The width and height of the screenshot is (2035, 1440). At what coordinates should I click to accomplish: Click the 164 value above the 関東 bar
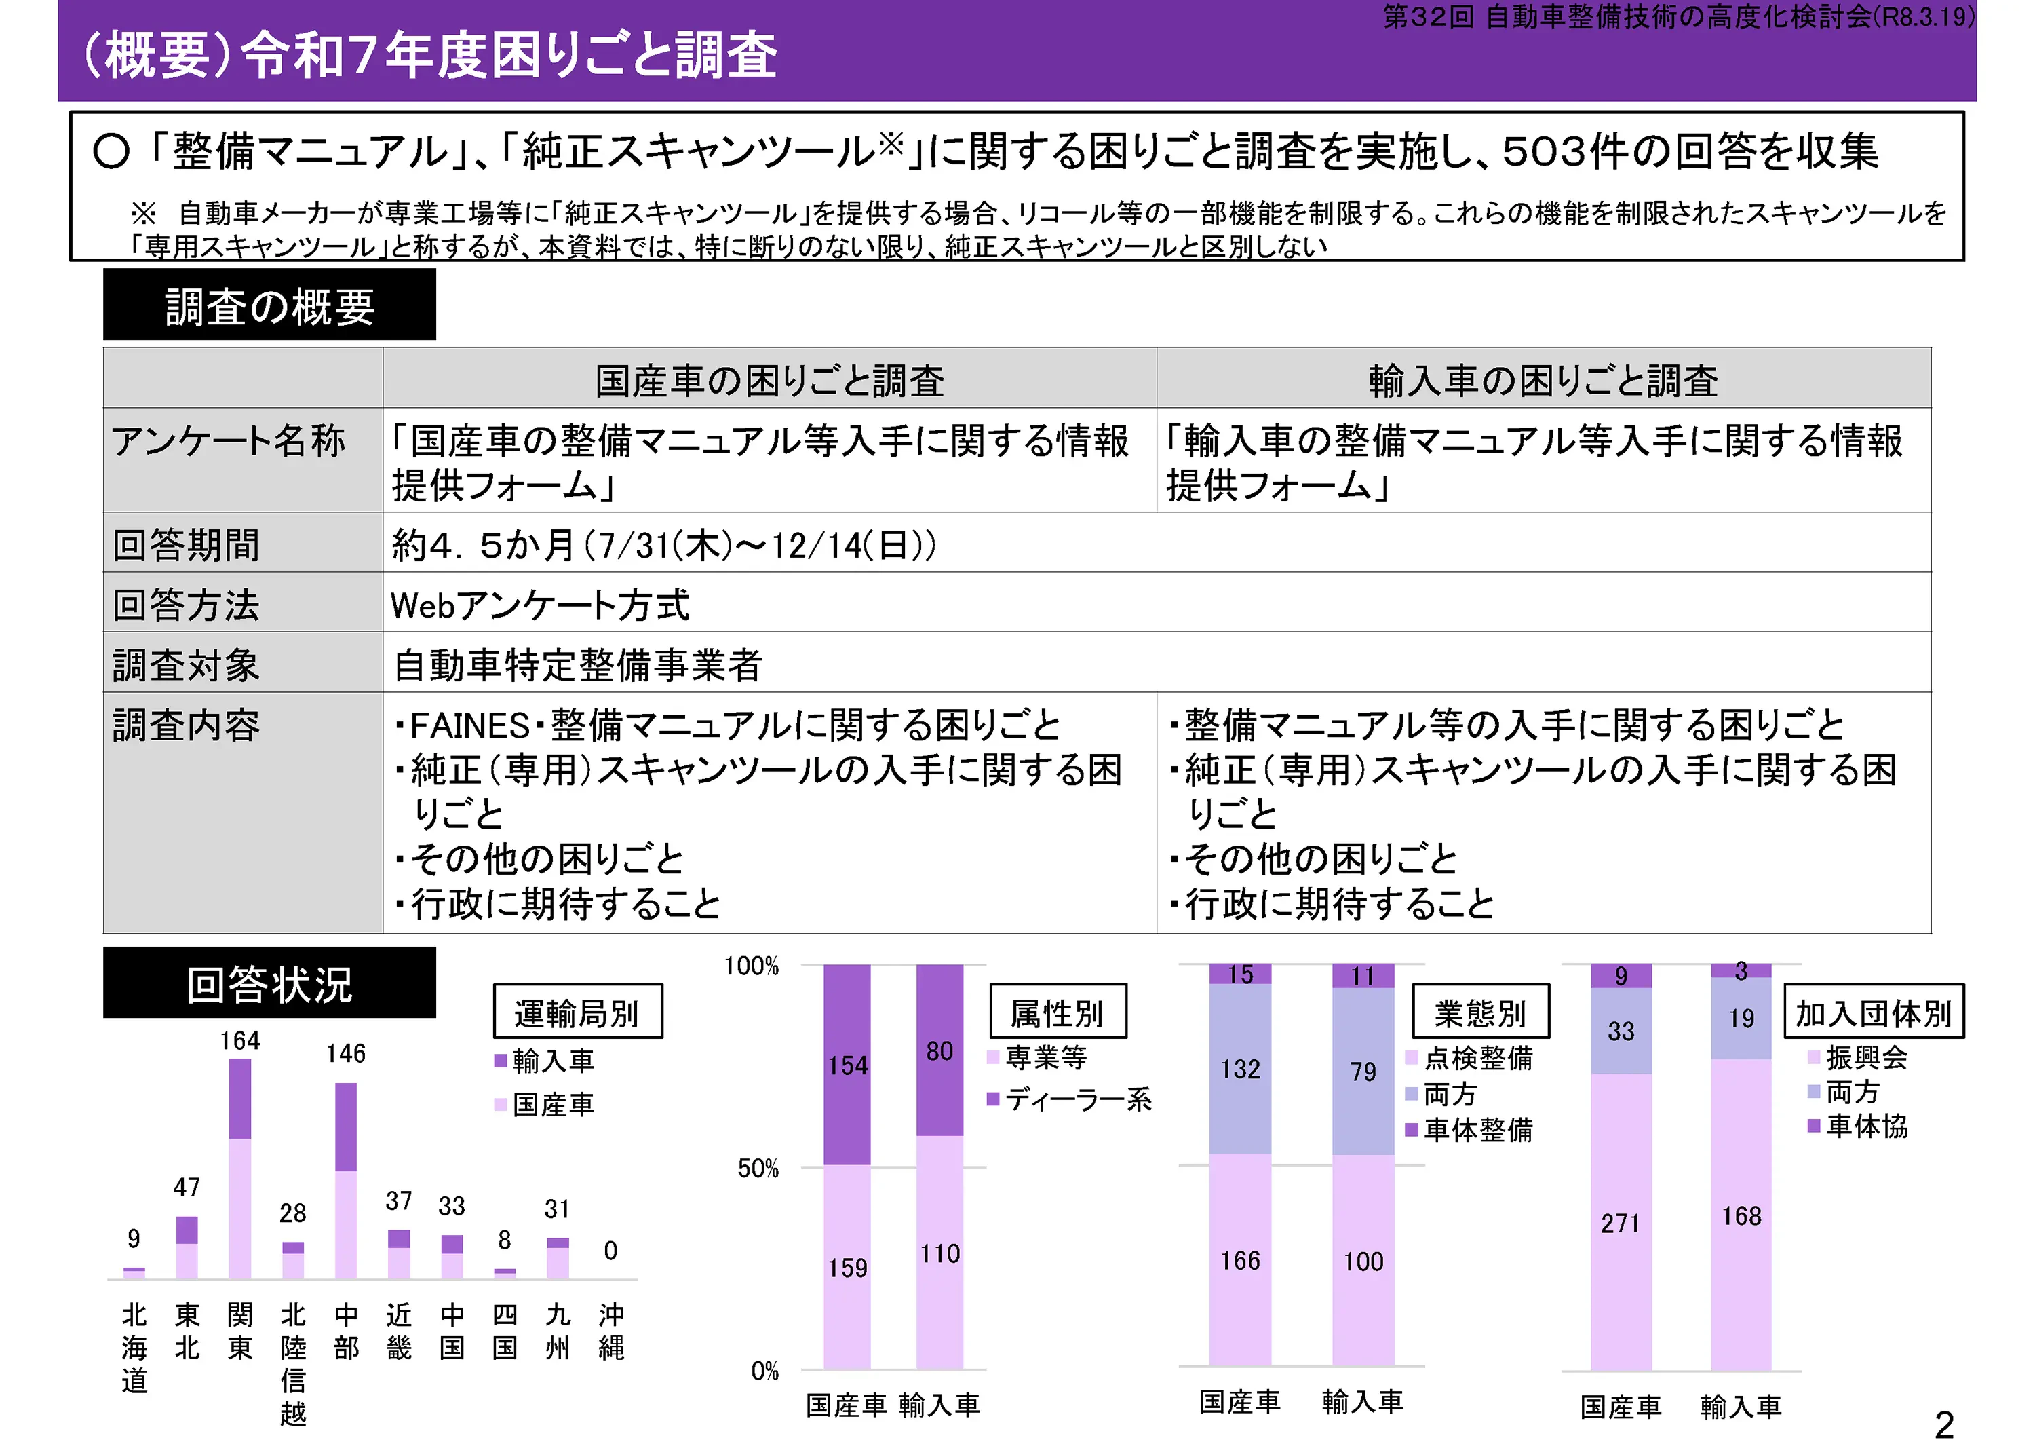click(x=239, y=1040)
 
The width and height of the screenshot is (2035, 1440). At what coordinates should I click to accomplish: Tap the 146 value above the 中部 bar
click(x=346, y=1053)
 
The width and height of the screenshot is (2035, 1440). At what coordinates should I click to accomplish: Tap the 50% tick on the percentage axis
click(x=758, y=1169)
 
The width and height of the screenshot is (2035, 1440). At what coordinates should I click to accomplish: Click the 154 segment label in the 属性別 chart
click(x=847, y=1066)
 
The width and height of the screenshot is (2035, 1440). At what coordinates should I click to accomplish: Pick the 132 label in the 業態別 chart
click(x=1240, y=1069)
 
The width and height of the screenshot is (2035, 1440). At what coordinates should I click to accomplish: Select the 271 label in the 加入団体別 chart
click(x=1621, y=1224)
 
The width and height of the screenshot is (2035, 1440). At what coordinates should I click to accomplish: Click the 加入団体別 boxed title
click(x=1874, y=1012)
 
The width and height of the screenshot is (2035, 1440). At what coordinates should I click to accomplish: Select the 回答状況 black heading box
click(x=269, y=983)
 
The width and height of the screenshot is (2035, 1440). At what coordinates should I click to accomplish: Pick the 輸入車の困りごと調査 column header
click(x=1543, y=381)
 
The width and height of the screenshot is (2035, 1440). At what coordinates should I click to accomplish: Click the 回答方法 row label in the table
click(x=186, y=605)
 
